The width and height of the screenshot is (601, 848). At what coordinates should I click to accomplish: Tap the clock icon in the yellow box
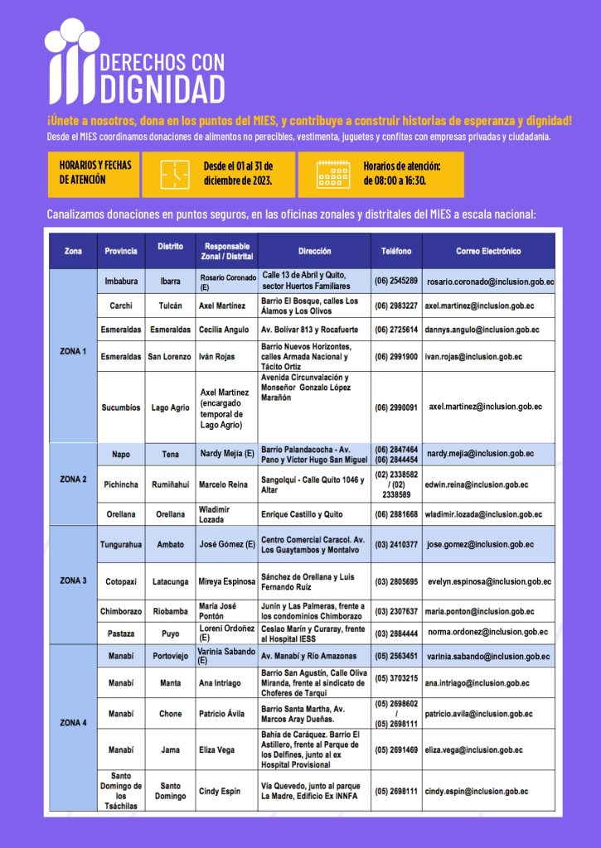point(175,175)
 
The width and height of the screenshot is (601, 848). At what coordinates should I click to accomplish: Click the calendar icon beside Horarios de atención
point(333,174)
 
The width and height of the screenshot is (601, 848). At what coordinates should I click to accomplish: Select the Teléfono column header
point(396,251)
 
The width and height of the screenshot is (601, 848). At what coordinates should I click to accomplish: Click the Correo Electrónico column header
point(488,251)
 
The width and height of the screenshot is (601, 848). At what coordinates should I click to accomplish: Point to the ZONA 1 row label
point(73,352)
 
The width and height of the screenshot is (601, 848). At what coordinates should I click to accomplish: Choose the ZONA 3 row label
point(73,581)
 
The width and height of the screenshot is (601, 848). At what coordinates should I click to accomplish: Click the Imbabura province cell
point(121,282)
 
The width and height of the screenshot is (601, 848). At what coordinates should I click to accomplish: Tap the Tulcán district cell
point(170,306)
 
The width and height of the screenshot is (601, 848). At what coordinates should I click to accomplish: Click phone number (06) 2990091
point(396,407)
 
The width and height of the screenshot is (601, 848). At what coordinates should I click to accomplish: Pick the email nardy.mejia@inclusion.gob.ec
point(480,454)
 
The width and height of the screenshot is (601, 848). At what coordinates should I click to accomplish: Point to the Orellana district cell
point(170,514)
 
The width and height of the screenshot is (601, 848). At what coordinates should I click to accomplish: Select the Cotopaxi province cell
point(121,581)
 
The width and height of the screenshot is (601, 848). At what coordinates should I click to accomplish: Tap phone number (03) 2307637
point(396,612)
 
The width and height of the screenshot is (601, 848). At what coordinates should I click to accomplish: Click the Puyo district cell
point(170,634)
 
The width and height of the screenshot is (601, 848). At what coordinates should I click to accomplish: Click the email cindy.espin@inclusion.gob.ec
point(477,792)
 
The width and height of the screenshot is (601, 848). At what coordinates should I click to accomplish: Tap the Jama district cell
point(170,750)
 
